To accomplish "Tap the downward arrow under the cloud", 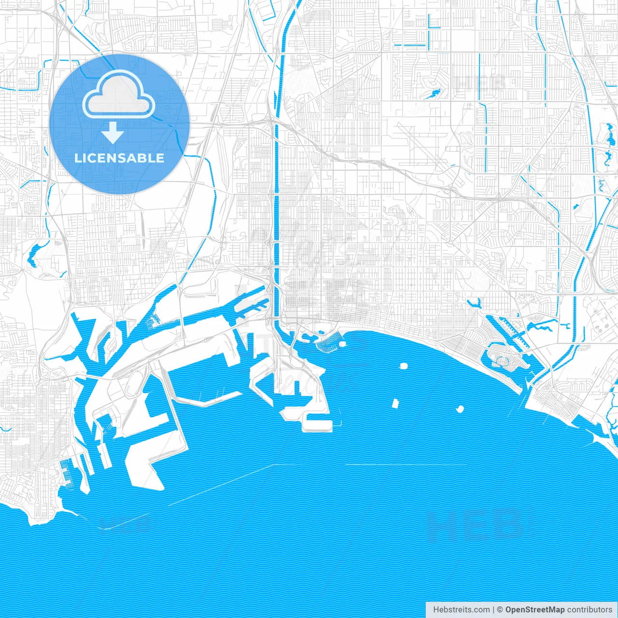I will (113, 132).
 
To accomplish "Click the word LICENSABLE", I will (119, 158).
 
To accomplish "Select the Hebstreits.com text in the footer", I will (461, 609).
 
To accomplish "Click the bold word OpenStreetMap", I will (535, 609).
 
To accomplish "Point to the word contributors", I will (590, 609).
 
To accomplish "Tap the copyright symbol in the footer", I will (500, 609).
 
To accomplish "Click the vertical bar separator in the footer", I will (493, 609).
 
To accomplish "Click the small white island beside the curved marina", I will (342, 344).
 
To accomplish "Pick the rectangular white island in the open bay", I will (395, 403).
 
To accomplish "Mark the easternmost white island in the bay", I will (460, 410).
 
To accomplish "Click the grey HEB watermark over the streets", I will (480, 83).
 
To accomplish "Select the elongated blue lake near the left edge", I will (35, 254).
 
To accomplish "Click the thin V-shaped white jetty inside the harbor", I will (208, 400).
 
